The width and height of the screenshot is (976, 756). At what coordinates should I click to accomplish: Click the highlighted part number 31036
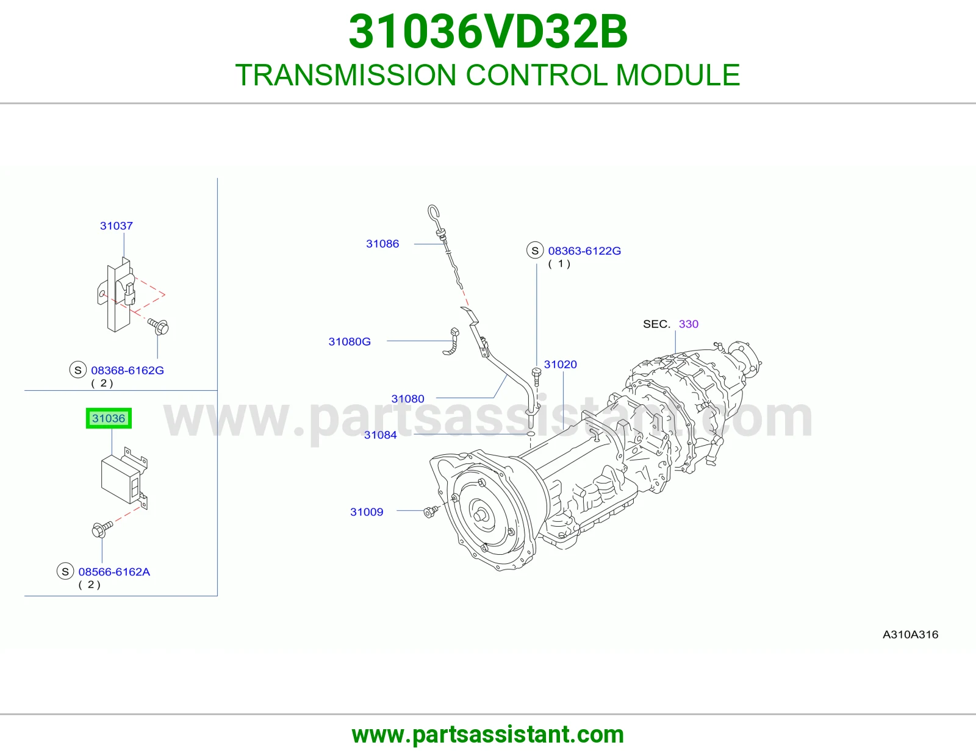click(109, 418)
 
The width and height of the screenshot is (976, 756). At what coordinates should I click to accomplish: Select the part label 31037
click(117, 226)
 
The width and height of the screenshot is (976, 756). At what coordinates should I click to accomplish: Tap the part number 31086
click(382, 244)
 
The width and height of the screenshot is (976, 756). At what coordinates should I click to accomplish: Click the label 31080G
click(350, 341)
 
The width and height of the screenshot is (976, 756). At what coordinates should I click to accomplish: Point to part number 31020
click(560, 364)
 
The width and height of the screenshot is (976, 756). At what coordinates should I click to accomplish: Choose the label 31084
click(381, 435)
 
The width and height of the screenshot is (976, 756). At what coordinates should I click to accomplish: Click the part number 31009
click(367, 512)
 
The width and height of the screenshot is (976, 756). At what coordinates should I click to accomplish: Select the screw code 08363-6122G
click(584, 251)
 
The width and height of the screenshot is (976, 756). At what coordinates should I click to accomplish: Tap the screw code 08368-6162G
click(127, 370)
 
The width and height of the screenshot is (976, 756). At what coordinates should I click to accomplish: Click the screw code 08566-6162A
click(114, 571)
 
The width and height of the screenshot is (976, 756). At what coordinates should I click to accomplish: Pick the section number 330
click(689, 324)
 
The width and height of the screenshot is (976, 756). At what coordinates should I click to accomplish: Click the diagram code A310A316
click(910, 634)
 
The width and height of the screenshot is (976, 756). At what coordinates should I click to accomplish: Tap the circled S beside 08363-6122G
click(535, 251)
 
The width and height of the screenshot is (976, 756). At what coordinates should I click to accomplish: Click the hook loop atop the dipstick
click(433, 213)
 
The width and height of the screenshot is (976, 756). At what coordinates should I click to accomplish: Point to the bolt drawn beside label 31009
click(431, 512)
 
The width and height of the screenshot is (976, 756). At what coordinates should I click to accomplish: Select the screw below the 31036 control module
click(102, 529)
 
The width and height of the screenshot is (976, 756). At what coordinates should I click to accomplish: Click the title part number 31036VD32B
click(488, 32)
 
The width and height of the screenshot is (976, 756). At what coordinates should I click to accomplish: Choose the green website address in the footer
click(488, 735)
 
